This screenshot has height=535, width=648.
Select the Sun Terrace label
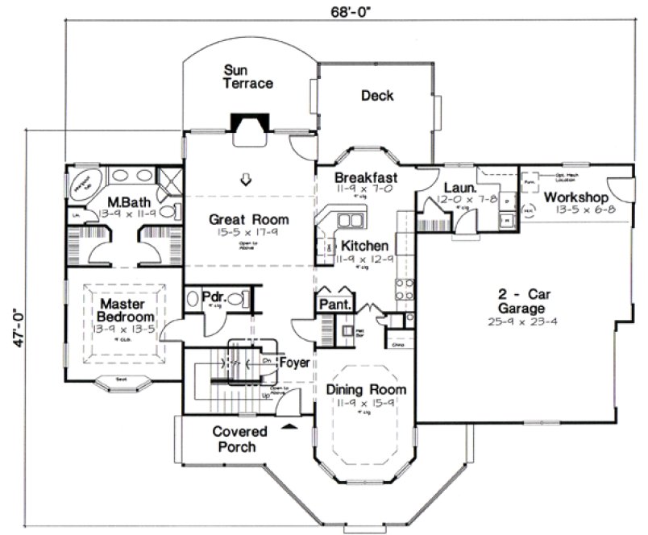pyautogui.click(x=248, y=77)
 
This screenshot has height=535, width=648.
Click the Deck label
pyautogui.click(x=376, y=96)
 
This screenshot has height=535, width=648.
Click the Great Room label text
pyautogui.click(x=248, y=218)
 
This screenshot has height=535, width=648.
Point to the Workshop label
pyautogui.click(x=575, y=197)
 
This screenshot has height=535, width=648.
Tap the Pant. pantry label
pyautogui.click(x=334, y=305)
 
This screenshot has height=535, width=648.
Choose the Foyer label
pyautogui.click(x=293, y=363)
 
